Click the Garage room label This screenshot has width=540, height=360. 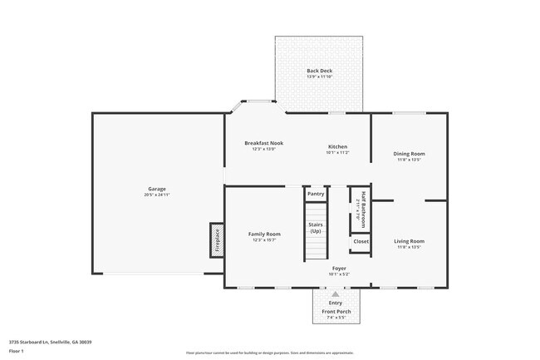tap(157, 189)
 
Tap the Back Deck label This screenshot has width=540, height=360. tap(319, 71)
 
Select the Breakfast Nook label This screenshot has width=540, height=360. tap(263, 143)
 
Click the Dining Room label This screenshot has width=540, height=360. tap(409, 154)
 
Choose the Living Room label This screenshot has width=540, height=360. tap(409, 241)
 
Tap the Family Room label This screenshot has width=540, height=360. tap(264, 234)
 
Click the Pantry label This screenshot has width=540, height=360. tap(316, 194)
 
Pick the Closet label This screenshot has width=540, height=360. tap(361, 241)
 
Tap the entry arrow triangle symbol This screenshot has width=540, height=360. tap(336, 293)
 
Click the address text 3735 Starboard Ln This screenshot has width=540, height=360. tap(50, 342)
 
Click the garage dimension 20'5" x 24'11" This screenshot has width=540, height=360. tap(157, 195)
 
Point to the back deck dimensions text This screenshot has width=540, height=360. tap(319, 76)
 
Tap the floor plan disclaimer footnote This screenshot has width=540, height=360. tap(270, 353)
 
